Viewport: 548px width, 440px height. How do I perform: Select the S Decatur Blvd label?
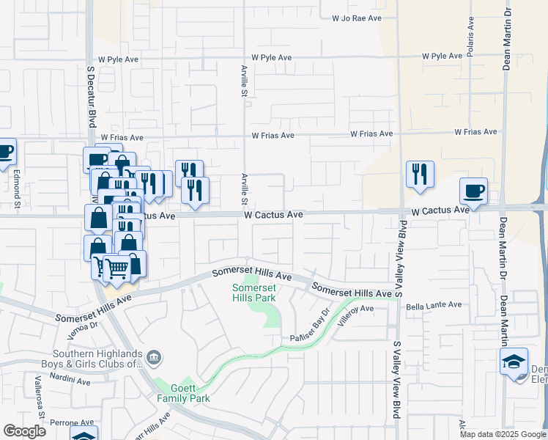92,98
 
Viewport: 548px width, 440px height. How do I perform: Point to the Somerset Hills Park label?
253,293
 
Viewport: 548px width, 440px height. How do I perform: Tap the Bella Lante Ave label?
434,304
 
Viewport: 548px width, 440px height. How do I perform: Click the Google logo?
24,431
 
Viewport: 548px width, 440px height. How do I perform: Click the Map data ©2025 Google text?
503,434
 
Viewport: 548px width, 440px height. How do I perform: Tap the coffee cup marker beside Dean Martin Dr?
473,191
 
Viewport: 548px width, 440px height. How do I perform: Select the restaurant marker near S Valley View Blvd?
420,175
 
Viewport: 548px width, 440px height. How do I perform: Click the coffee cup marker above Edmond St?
4,152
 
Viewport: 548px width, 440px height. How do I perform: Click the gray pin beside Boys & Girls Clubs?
155,358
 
